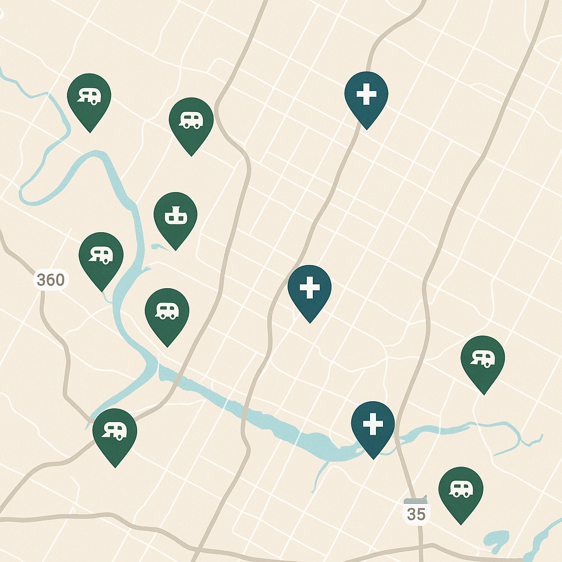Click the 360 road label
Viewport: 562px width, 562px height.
point(51,280)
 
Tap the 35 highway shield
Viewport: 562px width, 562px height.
point(417,513)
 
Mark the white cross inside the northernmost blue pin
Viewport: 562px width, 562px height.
point(366,95)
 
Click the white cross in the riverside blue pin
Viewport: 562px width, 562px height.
point(373,424)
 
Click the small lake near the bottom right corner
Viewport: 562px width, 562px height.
point(497,538)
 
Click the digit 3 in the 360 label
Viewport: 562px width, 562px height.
point(42,280)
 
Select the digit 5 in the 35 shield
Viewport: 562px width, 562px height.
point(421,514)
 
